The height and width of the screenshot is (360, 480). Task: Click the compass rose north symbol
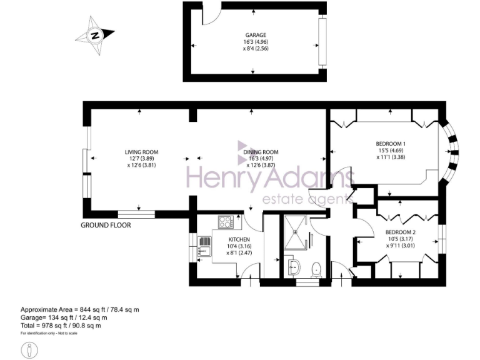(94, 35)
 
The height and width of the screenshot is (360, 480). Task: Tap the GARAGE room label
(256, 35)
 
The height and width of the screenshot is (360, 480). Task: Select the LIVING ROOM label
(141, 152)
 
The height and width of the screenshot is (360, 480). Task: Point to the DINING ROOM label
(260, 152)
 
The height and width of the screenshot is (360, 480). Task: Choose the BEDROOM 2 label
(401, 233)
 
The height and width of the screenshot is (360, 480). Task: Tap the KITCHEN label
(239, 240)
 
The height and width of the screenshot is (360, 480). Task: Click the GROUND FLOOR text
(106, 225)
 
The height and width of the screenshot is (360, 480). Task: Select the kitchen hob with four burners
(225, 221)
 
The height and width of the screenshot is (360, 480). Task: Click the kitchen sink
(204, 247)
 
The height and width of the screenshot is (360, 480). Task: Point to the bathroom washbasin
(293, 267)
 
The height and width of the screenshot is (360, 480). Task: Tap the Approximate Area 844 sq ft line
(80, 310)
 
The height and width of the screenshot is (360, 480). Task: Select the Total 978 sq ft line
(61, 326)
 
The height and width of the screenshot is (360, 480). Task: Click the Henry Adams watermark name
(269, 180)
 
